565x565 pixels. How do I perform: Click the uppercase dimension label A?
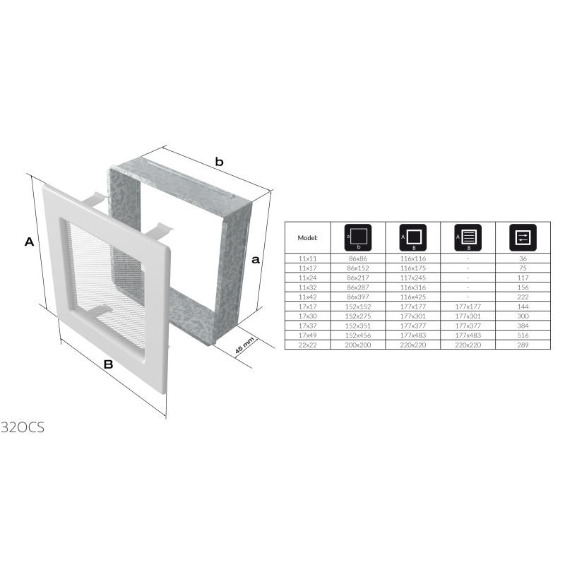29,242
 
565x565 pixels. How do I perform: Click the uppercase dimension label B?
108,364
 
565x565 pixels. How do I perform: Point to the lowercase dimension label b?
219,162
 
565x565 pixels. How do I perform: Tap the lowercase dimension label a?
256,259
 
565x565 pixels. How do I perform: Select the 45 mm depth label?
244,345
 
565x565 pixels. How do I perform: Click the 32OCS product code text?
23,427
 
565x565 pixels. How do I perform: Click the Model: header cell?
307,238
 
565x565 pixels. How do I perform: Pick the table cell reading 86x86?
358,258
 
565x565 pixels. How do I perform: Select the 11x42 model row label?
308,297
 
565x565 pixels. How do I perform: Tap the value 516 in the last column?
523,335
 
